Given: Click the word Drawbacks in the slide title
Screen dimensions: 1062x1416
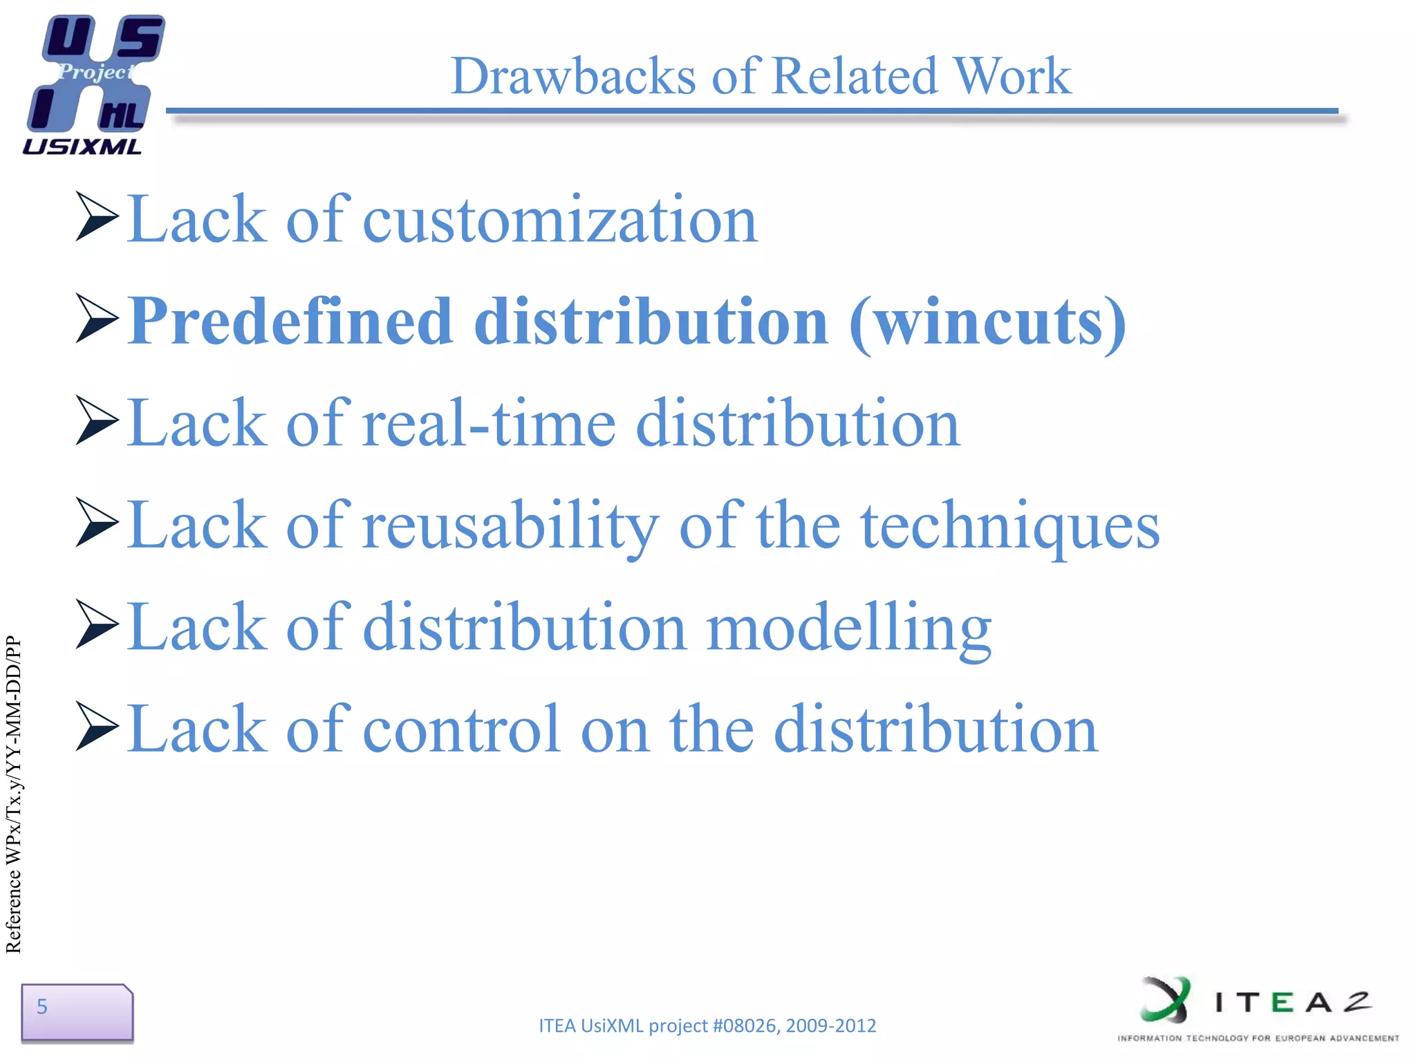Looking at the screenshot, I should point(573,76).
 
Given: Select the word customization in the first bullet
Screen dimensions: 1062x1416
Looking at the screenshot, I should point(560,220).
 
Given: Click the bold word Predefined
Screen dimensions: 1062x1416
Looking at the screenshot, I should point(290,322).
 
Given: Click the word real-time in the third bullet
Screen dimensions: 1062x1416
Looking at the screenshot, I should point(488,423).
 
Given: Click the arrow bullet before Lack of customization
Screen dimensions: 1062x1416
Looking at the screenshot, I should point(97,217).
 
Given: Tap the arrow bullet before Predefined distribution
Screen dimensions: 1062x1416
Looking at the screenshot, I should point(97,319).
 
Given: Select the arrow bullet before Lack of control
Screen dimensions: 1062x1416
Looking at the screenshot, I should point(97,727).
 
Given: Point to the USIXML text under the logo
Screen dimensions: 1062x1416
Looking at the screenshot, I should point(82,147).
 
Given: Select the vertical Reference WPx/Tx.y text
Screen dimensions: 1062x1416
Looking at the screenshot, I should point(14,795).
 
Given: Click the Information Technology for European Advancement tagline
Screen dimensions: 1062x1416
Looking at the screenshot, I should point(1258,1038).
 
